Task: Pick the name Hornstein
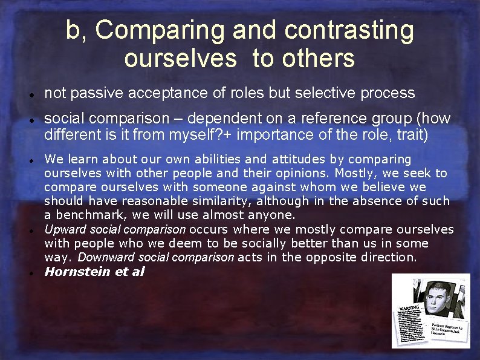coord(79,271)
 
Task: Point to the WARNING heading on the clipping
coord(408,308)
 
